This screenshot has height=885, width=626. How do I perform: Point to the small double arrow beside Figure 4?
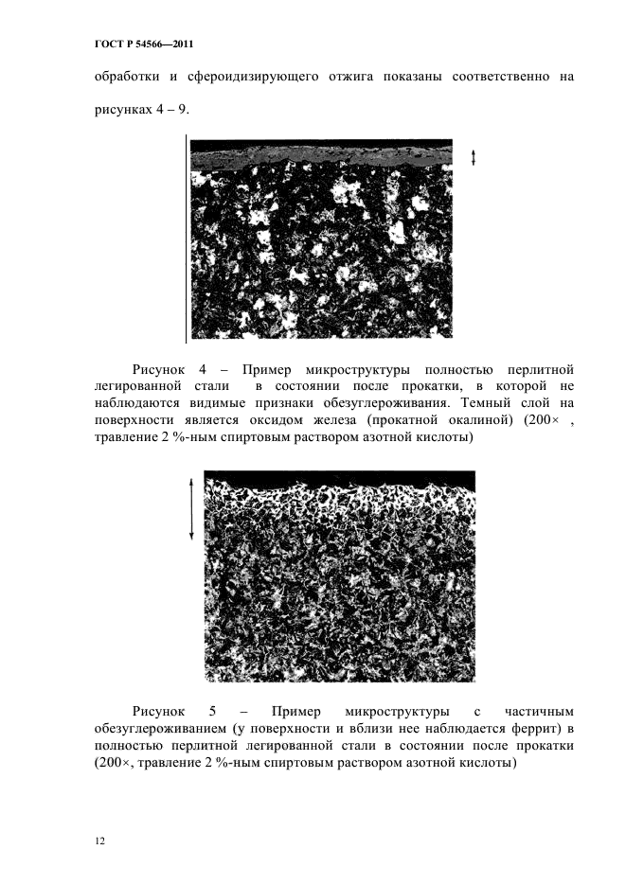click(473, 158)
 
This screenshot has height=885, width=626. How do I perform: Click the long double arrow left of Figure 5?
click(192, 508)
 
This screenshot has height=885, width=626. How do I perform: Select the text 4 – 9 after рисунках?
click(172, 110)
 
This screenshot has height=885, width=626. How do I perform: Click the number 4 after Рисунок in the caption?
click(206, 368)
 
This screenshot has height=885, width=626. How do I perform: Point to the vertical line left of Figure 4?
click(186, 237)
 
